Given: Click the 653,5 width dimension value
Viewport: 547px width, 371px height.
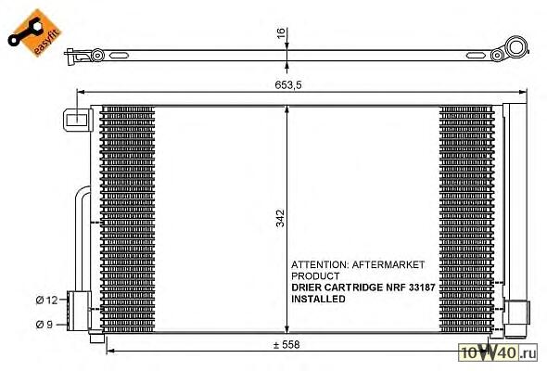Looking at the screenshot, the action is click(288, 84).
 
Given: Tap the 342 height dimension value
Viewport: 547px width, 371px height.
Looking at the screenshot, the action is click(280, 219).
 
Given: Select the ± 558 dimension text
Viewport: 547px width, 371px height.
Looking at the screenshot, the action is click(286, 345).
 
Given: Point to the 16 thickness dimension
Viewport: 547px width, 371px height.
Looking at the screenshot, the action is click(281, 32).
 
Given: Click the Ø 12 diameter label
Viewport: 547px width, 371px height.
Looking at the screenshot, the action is click(46, 300).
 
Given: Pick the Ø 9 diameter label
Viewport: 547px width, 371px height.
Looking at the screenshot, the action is click(45, 325).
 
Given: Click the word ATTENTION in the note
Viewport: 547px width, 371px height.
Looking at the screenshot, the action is click(320, 264).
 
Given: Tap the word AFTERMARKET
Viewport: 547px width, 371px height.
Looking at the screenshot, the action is click(388, 264).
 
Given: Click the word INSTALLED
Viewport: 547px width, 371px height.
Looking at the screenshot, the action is click(318, 299).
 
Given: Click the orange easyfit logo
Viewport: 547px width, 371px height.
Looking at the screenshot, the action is click(34, 32).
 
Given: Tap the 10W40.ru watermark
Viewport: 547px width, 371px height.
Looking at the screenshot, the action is click(498, 352).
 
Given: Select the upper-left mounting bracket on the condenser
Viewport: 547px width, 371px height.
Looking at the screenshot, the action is click(78, 120).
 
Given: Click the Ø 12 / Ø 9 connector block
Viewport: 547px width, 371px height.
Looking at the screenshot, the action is click(80, 312).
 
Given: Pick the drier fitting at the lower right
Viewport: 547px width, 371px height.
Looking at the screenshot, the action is click(516, 318).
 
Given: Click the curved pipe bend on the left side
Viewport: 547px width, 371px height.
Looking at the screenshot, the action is click(81, 196).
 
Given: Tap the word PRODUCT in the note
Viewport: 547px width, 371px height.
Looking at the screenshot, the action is click(315, 276).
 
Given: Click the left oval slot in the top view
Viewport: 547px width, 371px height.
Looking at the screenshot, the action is click(119, 56).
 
